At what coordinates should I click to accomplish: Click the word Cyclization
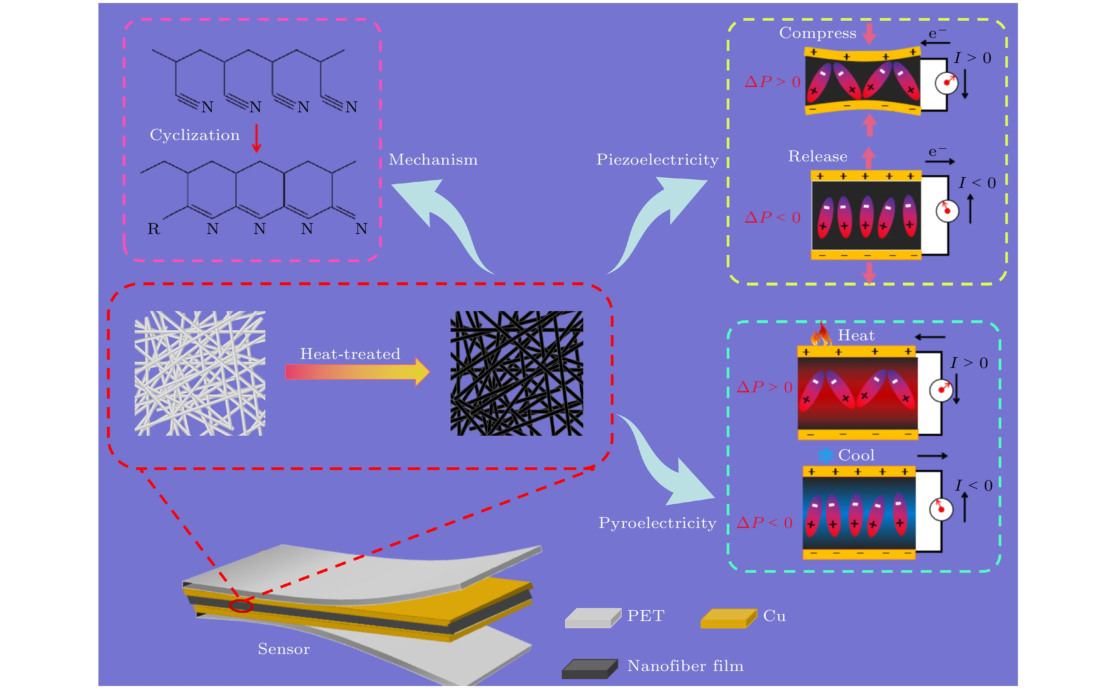(x=195, y=135)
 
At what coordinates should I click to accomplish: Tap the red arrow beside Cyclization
(x=257, y=138)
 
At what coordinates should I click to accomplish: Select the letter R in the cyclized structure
(x=154, y=229)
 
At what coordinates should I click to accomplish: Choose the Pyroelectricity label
(x=657, y=523)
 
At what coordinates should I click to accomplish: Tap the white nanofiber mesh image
(x=200, y=373)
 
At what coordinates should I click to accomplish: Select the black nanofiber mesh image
(x=517, y=373)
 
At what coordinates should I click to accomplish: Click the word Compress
(x=817, y=33)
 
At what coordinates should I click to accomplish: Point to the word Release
(x=818, y=156)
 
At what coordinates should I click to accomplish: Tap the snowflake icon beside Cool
(x=825, y=455)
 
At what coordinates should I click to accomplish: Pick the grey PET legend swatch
(x=593, y=618)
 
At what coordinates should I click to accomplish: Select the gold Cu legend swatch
(x=728, y=618)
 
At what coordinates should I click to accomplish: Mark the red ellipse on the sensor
(x=241, y=606)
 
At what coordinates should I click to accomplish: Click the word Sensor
(x=284, y=649)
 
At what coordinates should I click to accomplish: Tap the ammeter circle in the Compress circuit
(x=947, y=83)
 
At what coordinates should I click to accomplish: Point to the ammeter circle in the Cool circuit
(x=941, y=509)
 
